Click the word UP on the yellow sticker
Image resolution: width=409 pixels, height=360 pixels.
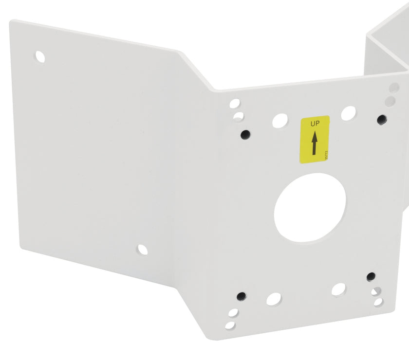[x=315, y=125]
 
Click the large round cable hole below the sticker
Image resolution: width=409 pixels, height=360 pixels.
[x=310, y=208]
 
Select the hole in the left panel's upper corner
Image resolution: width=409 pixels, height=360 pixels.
[x=40, y=57]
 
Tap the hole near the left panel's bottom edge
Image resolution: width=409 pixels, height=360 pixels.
[x=142, y=250]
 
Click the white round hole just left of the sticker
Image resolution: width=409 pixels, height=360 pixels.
[x=279, y=120]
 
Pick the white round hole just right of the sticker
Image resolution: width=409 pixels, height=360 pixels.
[x=348, y=113]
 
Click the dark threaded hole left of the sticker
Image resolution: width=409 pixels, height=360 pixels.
[x=245, y=133]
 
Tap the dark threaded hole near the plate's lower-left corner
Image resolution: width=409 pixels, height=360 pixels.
[x=241, y=296]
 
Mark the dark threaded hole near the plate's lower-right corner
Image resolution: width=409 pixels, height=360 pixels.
[x=371, y=277]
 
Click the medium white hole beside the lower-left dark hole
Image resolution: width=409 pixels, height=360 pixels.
[x=273, y=299]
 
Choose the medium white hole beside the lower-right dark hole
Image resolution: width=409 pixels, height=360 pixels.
[x=339, y=289]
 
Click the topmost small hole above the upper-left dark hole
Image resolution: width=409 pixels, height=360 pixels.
[x=235, y=104]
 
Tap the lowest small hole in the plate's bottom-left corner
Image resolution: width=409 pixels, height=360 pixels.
[x=230, y=324]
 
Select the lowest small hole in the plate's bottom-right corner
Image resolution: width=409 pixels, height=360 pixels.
[x=378, y=302]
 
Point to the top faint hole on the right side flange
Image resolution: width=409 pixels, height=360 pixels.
[x=394, y=88]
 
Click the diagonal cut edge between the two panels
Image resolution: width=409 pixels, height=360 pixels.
[x=197, y=71]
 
